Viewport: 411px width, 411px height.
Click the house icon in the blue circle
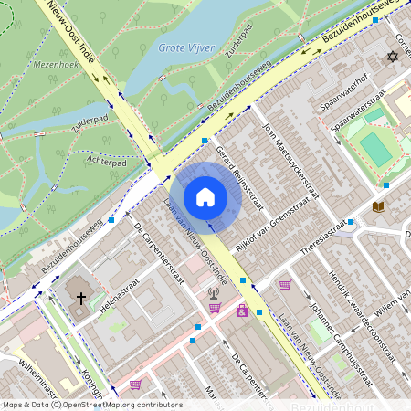[205, 197]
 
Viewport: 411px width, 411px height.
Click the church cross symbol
[80, 298]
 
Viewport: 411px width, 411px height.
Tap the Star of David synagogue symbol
[395, 57]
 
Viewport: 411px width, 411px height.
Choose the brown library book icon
[379, 207]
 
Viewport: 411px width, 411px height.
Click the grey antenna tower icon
[213, 294]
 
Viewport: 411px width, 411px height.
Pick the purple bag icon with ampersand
[242, 311]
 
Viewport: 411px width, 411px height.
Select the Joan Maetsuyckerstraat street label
[290, 161]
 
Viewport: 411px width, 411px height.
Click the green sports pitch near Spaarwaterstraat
[374, 149]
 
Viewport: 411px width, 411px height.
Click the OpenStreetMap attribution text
[91, 405]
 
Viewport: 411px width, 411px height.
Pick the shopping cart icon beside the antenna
[215, 308]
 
